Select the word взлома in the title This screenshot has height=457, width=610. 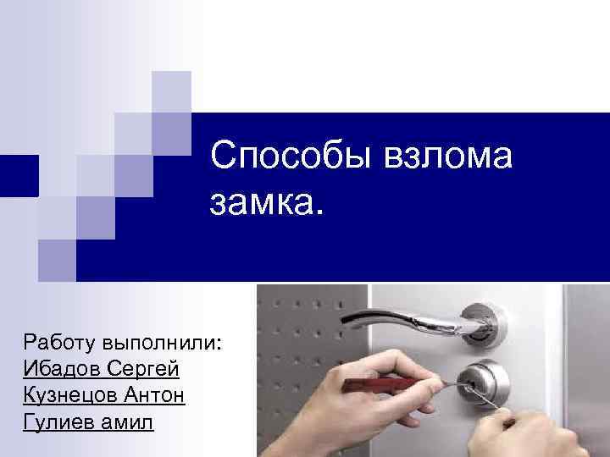[x=439, y=158]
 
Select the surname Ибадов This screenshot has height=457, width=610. [x=64, y=369]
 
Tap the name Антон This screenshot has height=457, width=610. [x=156, y=395]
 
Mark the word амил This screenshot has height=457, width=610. [x=129, y=421]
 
